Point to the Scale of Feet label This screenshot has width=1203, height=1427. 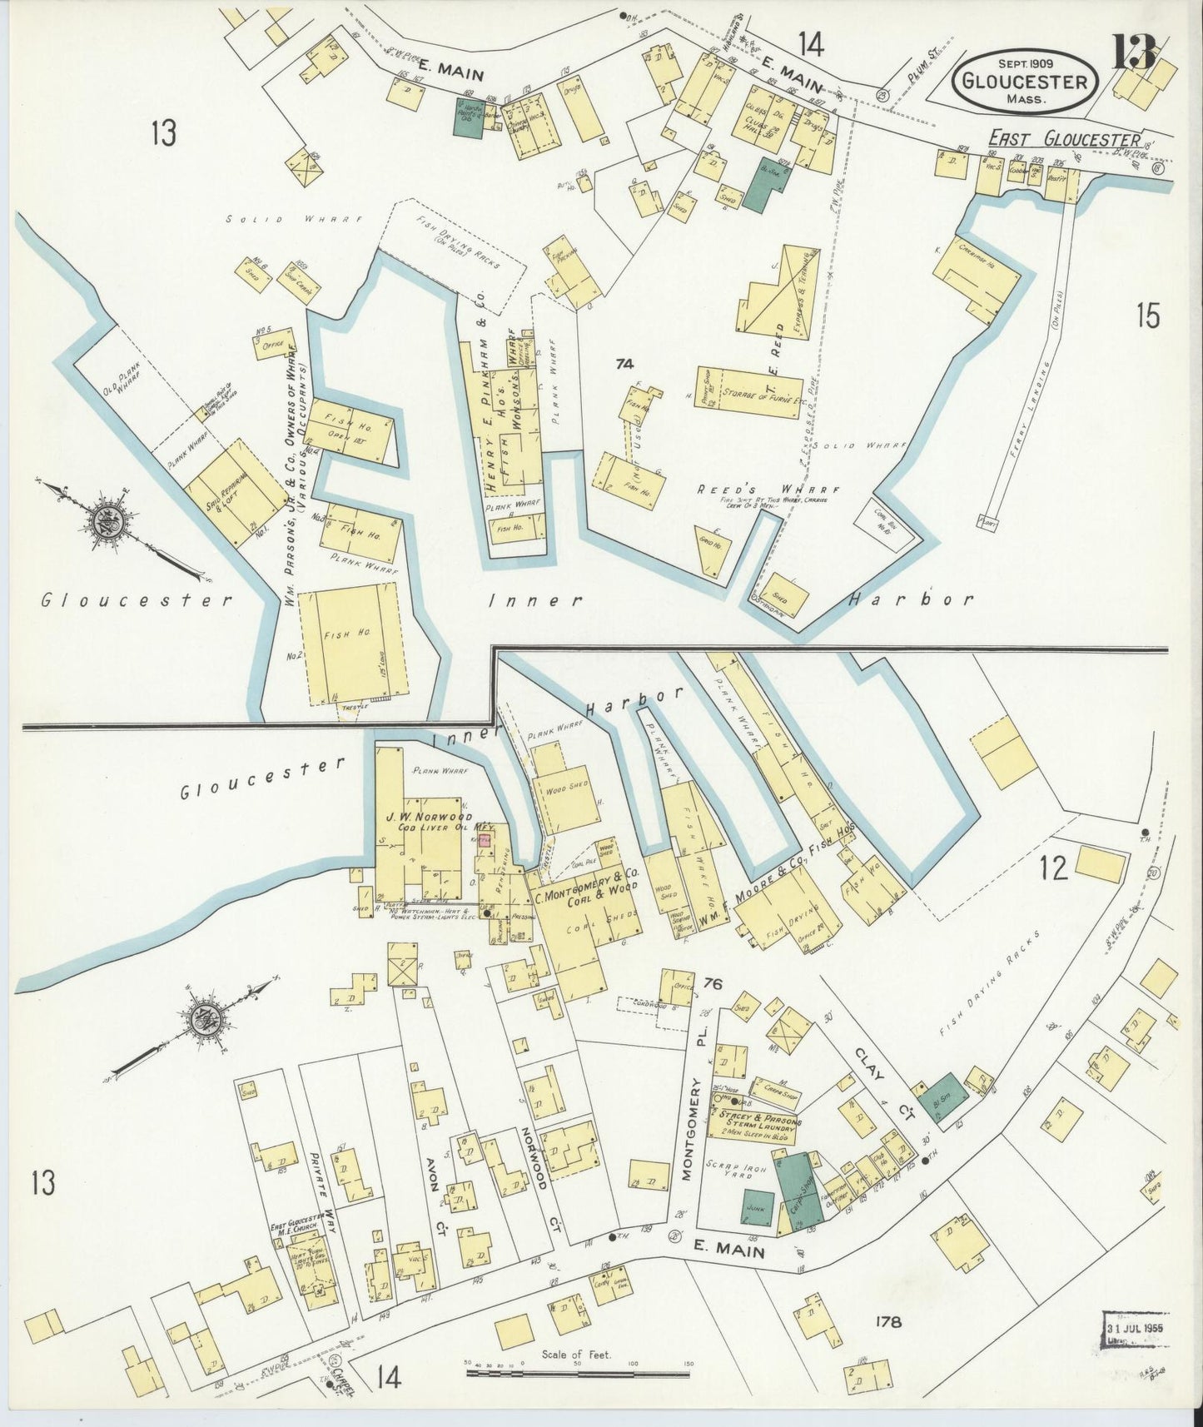tap(575, 1355)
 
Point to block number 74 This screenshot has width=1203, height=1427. tap(624, 363)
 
